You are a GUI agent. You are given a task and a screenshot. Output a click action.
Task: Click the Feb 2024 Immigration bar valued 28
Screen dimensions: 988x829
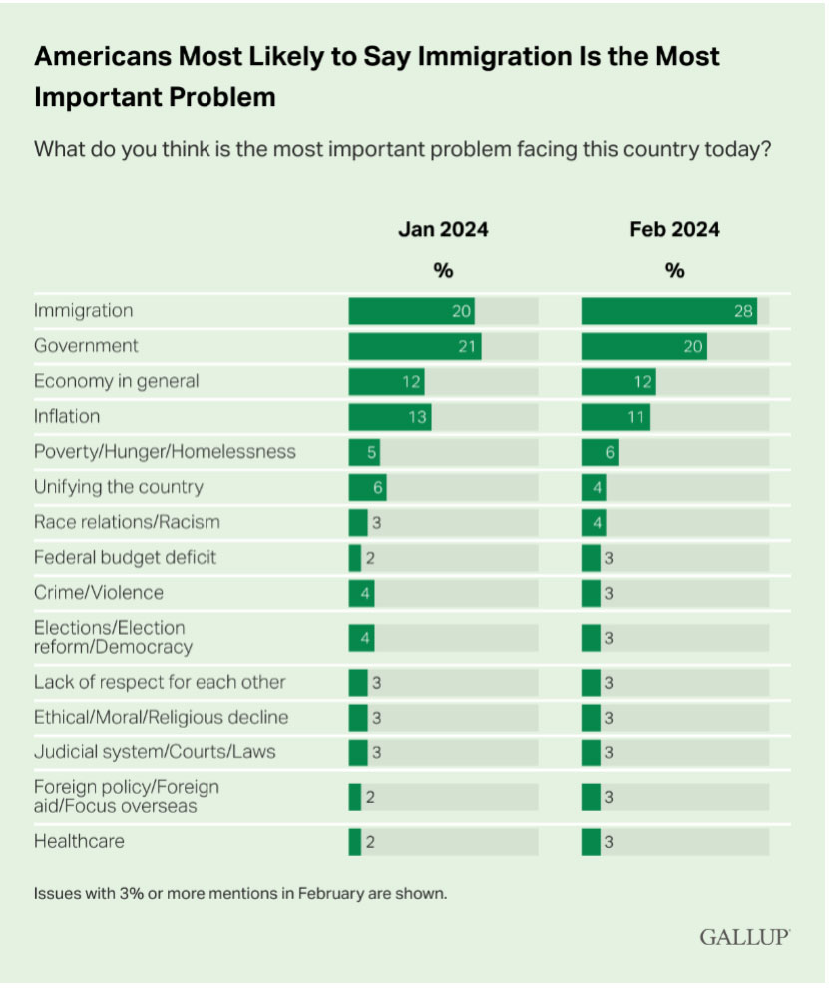click(668, 311)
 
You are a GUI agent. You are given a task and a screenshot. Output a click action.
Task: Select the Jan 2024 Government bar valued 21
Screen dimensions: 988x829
click(414, 346)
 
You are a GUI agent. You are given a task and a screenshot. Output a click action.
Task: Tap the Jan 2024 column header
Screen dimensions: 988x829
click(443, 230)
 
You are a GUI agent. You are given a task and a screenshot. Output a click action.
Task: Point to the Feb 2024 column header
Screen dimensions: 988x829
click(674, 230)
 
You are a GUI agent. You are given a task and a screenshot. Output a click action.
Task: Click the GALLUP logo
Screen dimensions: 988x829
click(744, 937)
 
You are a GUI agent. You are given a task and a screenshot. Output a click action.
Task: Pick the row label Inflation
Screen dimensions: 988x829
click(67, 416)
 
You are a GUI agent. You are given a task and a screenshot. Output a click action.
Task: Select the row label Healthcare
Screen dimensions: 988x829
click(79, 841)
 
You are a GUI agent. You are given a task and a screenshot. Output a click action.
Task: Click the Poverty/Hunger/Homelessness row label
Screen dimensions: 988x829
click(165, 451)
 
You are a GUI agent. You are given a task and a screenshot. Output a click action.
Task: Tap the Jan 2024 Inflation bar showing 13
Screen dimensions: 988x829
click(389, 416)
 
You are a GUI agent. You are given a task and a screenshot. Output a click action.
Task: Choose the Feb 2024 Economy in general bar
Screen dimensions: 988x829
click(618, 381)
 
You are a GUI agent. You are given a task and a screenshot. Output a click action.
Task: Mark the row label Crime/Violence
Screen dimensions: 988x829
click(98, 592)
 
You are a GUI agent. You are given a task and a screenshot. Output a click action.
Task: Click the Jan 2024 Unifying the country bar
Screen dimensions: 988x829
click(367, 487)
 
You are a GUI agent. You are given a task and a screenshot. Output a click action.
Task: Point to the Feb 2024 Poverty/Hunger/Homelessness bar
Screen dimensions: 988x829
click(600, 451)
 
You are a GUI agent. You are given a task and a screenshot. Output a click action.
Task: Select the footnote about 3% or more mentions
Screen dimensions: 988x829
click(240, 892)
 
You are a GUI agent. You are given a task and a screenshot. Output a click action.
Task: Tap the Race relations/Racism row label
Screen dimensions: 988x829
click(127, 522)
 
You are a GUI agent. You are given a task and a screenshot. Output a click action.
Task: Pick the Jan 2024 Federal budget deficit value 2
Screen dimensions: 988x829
click(369, 557)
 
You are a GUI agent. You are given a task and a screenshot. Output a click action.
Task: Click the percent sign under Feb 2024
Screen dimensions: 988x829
click(674, 271)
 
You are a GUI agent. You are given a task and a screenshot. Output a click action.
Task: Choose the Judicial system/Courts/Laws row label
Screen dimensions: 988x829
click(155, 751)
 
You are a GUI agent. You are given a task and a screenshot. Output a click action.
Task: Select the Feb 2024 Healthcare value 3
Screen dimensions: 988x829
click(607, 842)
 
